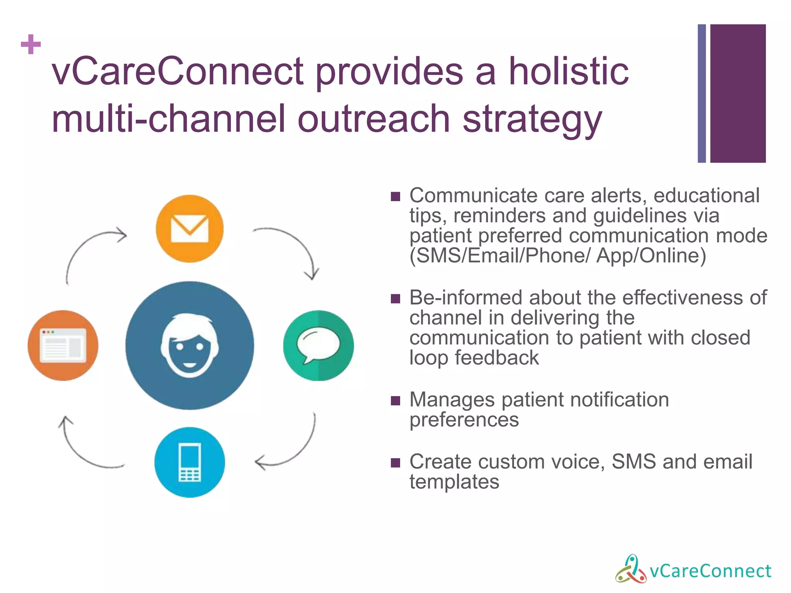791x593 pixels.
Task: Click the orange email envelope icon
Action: [190, 229]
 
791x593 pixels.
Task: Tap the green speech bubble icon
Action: [318, 345]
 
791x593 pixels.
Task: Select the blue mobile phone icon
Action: [190, 462]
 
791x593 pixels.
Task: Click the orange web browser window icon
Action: [63, 345]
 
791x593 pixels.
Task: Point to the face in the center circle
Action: [190, 346]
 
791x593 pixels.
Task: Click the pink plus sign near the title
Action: [31, 44]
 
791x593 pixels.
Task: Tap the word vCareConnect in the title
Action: [178, 71]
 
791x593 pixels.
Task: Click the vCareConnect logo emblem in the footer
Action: [630, 569]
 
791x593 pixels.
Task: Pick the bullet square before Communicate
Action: [395, 197]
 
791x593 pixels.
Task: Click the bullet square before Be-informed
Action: [395, 299]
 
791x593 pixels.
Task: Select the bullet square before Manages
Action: [395, 401]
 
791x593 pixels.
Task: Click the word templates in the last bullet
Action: [454, 482]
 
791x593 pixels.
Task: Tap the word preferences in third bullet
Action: [464, 420]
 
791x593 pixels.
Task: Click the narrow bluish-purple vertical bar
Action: [701, 93]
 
